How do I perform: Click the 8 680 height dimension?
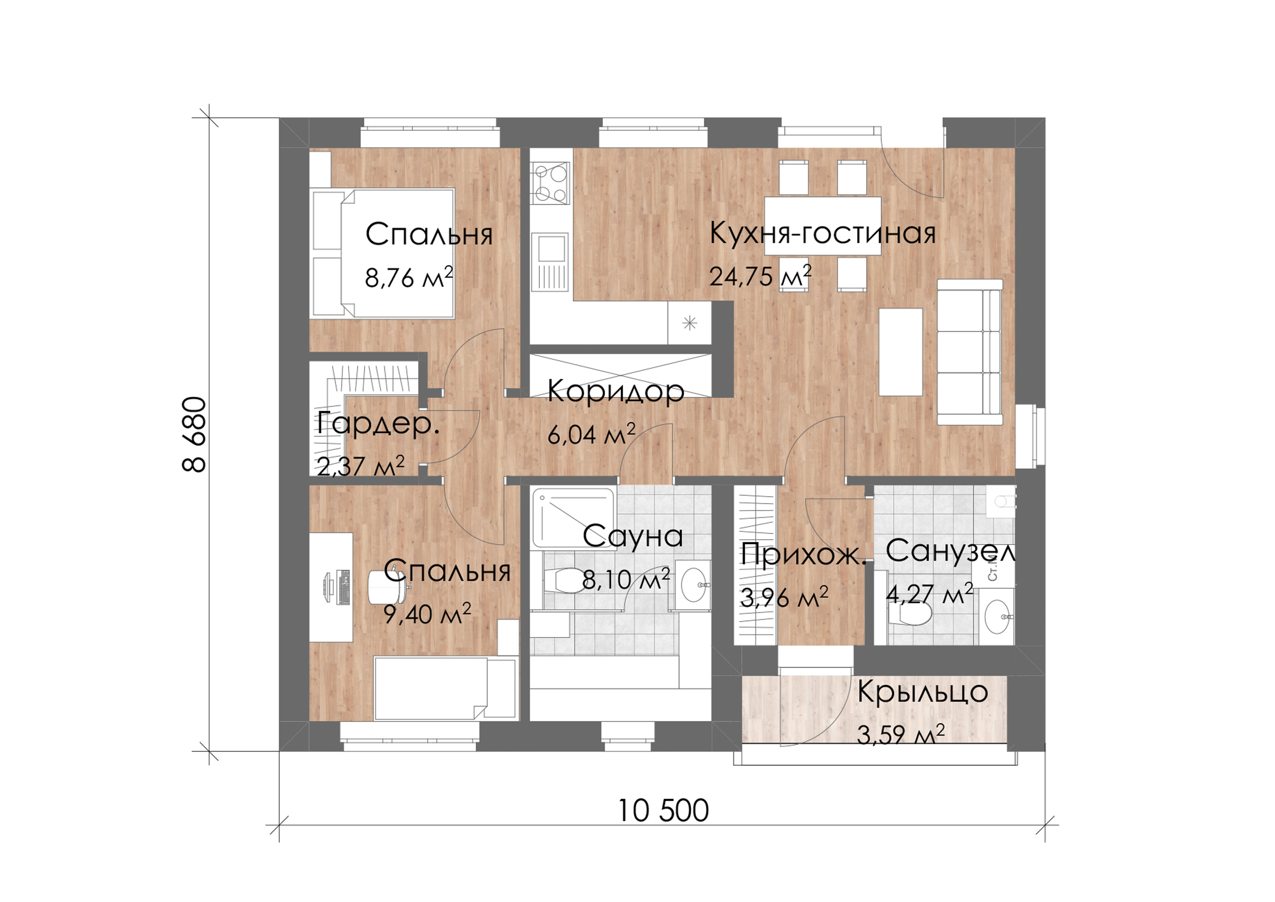click(194, 434)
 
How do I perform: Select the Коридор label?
click(615, 392)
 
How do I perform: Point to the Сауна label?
click(632, 537)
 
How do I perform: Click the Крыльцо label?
click(922, 692)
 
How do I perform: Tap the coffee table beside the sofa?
click(901, 352)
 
